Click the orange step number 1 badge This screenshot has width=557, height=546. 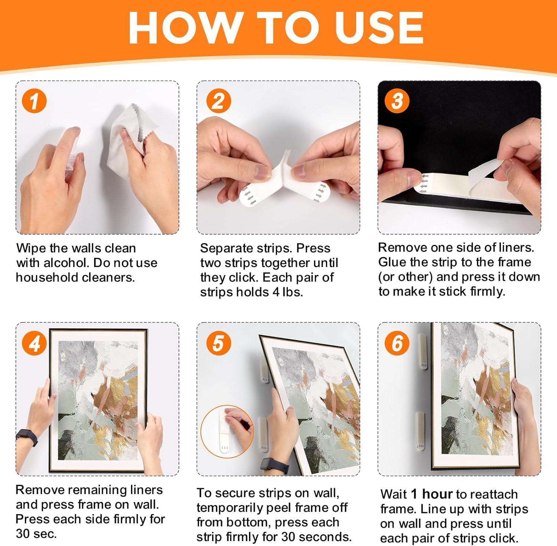[x=34, y=101]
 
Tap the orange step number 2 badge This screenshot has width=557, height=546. [x=218, y=101]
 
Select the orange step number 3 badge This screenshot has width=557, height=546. [x=397, y=101]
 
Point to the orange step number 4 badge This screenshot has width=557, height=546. [x=34, y=343]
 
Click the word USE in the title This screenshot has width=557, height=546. [x=379, y=27]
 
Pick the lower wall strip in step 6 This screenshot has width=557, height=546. [x=420, y=431]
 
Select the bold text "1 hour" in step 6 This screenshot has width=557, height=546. [x=432, y=494]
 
